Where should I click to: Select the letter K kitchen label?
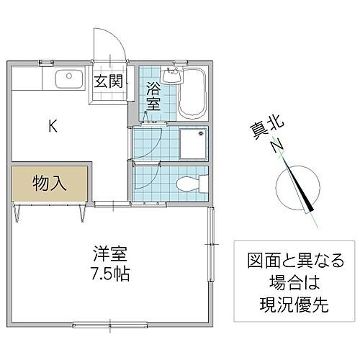pos(53,126)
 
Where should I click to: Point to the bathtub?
pos(192,94)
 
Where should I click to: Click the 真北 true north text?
pos(261,132)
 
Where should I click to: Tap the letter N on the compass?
pos(275,147)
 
